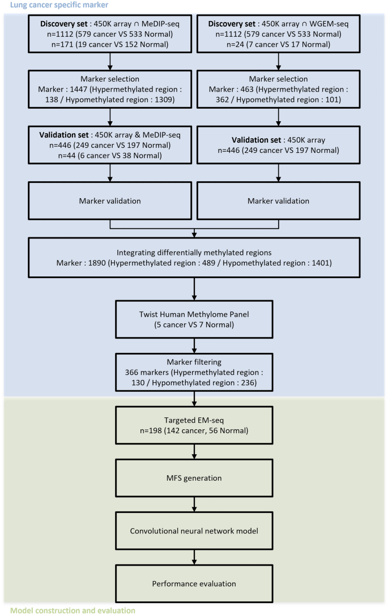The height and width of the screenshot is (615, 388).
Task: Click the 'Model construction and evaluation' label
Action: click(x=73, y=610)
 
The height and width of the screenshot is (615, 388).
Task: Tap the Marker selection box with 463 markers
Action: click(x=278, y=89)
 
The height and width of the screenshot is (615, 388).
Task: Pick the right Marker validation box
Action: click(x=278, y=200)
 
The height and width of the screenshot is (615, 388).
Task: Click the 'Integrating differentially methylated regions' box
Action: click(x=194, y=258)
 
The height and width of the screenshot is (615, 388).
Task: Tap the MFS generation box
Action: click(x=194, y=478)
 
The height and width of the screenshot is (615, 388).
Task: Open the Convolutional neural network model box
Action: click(x=194, y=531)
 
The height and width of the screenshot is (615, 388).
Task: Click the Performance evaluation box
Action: click(x=194, y=583)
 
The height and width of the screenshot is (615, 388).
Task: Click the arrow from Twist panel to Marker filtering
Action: click(x=194, y=346)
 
